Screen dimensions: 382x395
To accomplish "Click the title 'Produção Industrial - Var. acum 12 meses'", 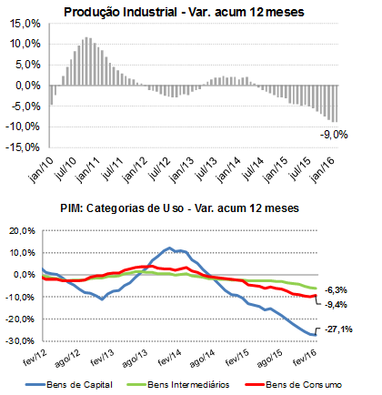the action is tap(184, 13).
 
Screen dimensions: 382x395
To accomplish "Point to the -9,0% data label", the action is tap(334, 135).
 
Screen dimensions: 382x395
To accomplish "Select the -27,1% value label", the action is tap(338, 329).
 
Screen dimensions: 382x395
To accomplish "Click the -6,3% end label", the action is tap(336, 290).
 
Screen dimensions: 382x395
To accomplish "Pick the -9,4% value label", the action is tap(336, 305).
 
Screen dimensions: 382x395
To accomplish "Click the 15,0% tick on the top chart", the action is tap(25, 24).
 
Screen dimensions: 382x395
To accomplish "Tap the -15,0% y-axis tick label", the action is tap(23, 147).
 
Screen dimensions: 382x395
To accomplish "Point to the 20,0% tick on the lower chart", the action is tap(23, 231).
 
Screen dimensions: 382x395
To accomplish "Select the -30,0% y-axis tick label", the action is tap(21, 341).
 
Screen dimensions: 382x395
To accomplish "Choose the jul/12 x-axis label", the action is tap(160, 168).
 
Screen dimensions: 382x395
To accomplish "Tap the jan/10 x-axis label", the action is tap(41, 170).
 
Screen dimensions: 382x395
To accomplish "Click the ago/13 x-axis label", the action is tap(135, 358).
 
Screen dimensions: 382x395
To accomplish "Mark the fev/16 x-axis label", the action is tap(305, 357).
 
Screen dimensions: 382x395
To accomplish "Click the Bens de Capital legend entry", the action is tap(69, 385).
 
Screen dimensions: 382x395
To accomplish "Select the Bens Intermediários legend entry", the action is tap(178, 385).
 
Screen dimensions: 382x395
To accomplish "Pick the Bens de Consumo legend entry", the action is tap(293, 385).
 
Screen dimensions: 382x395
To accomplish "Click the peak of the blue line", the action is tap(169, 248).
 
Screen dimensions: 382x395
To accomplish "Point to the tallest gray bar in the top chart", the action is tap(86, 61).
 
